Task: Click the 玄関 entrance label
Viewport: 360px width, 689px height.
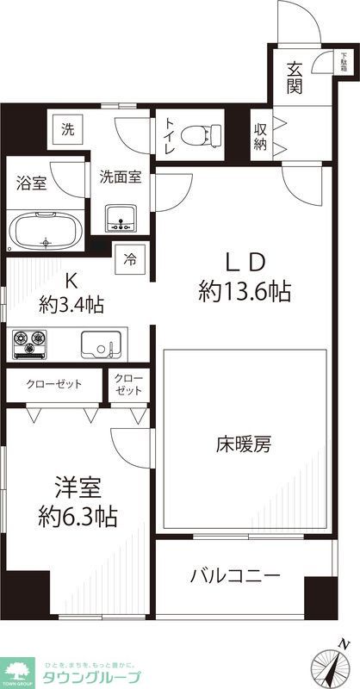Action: (295, 78)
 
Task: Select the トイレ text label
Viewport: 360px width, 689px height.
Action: (168, 135)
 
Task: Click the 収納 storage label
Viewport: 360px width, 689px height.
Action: (260, 136)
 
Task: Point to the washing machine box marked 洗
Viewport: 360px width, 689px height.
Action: (67, 130)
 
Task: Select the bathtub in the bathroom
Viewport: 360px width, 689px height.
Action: (47, 232)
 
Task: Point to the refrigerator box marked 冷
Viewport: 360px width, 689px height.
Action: (130, 258)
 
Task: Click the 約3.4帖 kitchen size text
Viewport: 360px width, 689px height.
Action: (71, 304)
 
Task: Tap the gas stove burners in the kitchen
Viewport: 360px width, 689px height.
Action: (32, 344)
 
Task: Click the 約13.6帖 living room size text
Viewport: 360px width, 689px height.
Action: (244, 291)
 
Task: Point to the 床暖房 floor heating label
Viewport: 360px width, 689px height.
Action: (244, 445)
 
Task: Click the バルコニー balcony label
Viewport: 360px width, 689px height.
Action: (234, 575)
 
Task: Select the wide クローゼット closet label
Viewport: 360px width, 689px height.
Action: (53, 383)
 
